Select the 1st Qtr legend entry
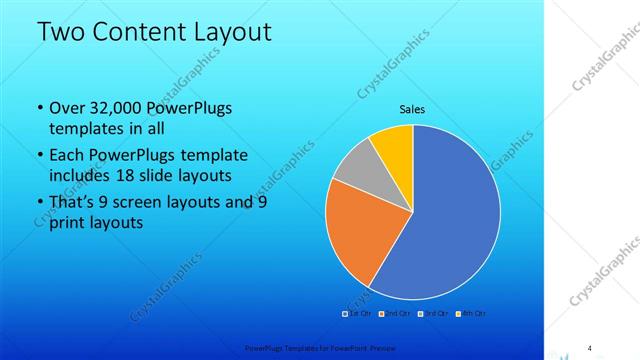point(358,314)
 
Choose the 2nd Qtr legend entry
point(394,314)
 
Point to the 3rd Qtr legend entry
point(431,314)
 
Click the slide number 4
point(589,347)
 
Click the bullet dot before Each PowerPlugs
point(39,155)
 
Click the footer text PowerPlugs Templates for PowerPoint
point(289,347)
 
